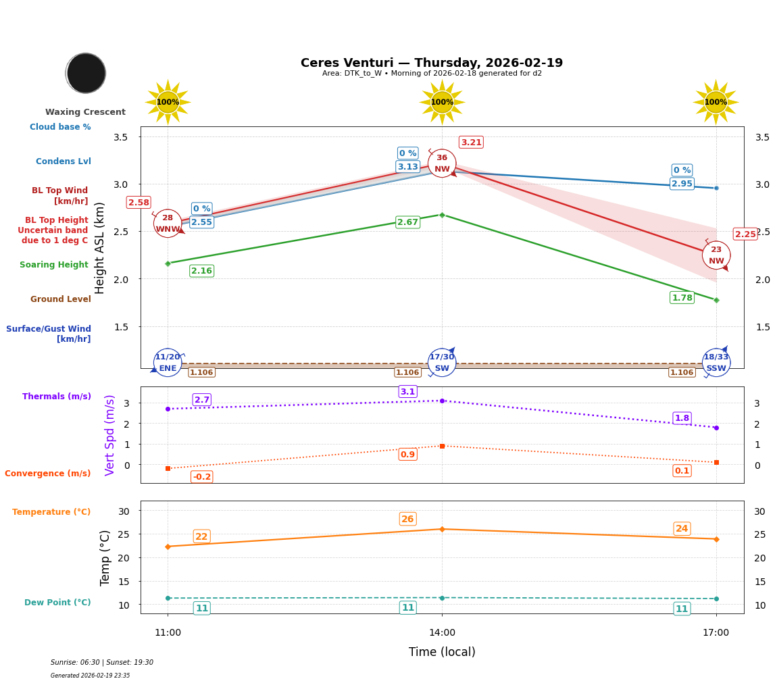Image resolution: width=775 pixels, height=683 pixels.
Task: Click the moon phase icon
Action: pos(86,73)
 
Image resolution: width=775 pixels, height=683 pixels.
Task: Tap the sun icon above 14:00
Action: pos(442,102)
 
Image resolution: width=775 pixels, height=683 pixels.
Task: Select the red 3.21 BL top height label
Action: pos(471,143)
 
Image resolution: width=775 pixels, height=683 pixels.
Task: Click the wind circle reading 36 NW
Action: pos(442,163)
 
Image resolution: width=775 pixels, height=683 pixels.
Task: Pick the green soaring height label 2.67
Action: pos(407,222)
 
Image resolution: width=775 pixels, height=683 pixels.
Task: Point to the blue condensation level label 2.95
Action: pos(682,184)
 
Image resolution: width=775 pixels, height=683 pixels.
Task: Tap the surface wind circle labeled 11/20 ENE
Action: pos(168,363)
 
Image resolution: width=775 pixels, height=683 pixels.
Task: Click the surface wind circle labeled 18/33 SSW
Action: pos(716,363)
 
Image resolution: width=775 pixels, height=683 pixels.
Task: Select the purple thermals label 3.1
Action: pos(407,392)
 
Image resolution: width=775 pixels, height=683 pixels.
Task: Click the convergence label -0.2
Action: pos(201,477)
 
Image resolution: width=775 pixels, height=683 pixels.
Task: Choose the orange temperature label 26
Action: pos(407,520)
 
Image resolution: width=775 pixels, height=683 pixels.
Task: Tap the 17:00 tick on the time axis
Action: pos(716,633)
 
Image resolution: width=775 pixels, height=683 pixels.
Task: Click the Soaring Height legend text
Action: pos(54,265)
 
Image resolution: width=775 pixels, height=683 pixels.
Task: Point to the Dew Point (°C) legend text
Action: pos(57,603)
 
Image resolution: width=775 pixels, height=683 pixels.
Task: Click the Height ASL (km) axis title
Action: pos(100,248)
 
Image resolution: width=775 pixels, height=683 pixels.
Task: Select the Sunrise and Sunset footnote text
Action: pos(102,663)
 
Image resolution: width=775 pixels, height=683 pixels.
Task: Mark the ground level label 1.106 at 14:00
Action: pos(407,372)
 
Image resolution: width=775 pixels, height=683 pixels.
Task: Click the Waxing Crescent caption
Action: pos(85,112)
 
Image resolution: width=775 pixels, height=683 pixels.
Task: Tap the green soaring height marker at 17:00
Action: pos(716,300)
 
